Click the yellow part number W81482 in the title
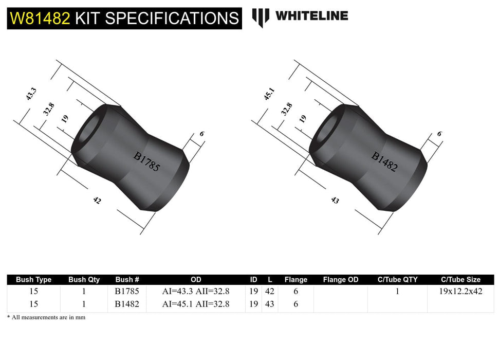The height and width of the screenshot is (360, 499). coord(40,18)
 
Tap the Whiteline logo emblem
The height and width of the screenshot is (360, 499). coord(261,17)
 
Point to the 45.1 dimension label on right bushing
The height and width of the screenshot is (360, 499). coord(269,96)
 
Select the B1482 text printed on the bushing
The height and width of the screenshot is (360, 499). coord(384,161)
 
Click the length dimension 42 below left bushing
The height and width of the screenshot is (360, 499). coord(97,201)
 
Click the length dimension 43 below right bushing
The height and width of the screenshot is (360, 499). coord(335,201)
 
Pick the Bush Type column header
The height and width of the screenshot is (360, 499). coord(34,280)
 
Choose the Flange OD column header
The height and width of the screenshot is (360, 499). coord(341,280)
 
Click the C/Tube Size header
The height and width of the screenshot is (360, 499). coord(460,280)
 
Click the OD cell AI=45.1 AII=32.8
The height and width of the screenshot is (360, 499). coord(196,304)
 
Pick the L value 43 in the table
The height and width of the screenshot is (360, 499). coord(270,304)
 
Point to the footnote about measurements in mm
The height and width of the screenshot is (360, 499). coord(46,317)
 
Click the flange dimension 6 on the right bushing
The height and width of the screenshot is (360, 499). coord(439,133)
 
